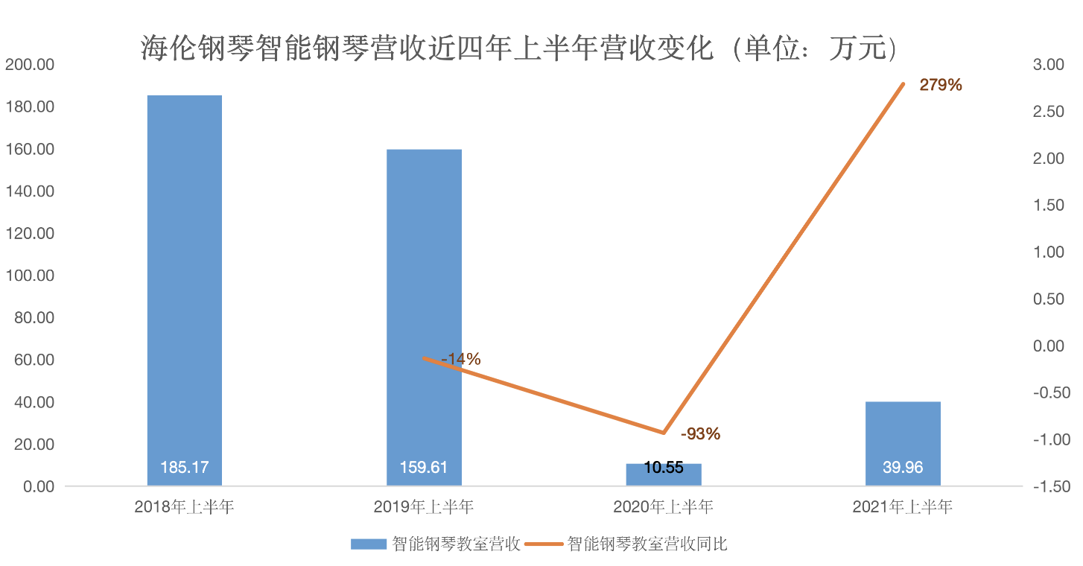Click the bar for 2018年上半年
[x=184, y=290]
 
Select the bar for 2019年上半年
[x=424, y=313]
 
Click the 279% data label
[x=941, y=85]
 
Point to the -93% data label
[x=700, y=433]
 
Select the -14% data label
[x=461, y=359]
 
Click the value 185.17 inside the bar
[x=184, y=468]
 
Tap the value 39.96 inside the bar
[x=903, y=468]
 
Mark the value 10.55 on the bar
[x=664, y=468]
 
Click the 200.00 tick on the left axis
[x=30, y=65]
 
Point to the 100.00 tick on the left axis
[x=30, y=276]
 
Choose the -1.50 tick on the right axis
[x=1051, y=486]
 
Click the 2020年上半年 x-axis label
[x=664, y=508]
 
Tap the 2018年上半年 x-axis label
[x=184, y=508]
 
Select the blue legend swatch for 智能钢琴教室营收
[x=368, y=544]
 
